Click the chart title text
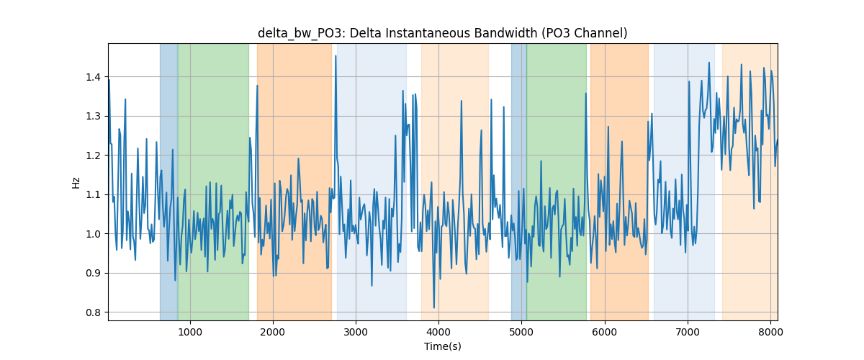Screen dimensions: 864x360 (x=442, y=33)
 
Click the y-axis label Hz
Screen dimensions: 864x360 (x=76, y=182)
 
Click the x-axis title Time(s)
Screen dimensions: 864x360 (x=442, y=346)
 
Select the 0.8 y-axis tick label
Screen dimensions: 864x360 (x=93, y=312)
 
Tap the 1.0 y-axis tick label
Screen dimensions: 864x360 (x=93, y=234)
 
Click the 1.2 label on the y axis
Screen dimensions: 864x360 (x=93, y=156)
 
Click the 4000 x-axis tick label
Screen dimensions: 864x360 (x=439, y=332)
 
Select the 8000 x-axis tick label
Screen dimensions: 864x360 (x=770, y=332)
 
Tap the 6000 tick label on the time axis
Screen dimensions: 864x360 (x=605, y=332)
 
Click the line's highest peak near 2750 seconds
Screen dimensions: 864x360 (x=336, y=56)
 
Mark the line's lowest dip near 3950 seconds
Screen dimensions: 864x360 (x=434, y=307)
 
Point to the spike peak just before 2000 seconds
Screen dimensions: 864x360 (x=257, y=86)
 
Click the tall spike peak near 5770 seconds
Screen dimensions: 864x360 (x=585, y=94)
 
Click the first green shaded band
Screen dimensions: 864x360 (x=213, y=182)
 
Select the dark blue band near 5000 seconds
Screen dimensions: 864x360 (x=519, y=182)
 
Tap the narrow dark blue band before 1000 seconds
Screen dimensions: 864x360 (x=169, y=182)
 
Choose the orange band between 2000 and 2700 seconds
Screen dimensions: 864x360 (x=294, y=182)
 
